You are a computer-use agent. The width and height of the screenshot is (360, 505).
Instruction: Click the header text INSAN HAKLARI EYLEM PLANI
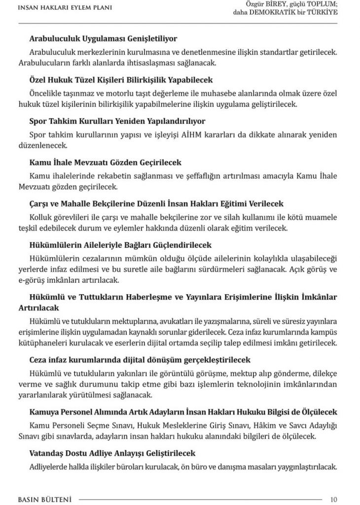(x=64, y=8)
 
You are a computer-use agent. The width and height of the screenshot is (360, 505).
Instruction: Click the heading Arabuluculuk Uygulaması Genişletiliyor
(x=103, y=38)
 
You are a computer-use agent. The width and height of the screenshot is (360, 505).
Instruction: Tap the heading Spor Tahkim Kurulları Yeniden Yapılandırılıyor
(x=117, y=121)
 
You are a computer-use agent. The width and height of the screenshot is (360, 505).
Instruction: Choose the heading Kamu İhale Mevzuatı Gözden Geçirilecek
(x=106, y=162)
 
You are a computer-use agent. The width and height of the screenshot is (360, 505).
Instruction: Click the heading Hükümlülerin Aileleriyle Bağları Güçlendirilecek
(x=120, y=245)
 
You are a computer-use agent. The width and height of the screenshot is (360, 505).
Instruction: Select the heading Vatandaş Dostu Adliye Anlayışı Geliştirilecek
(x=112, y=453)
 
